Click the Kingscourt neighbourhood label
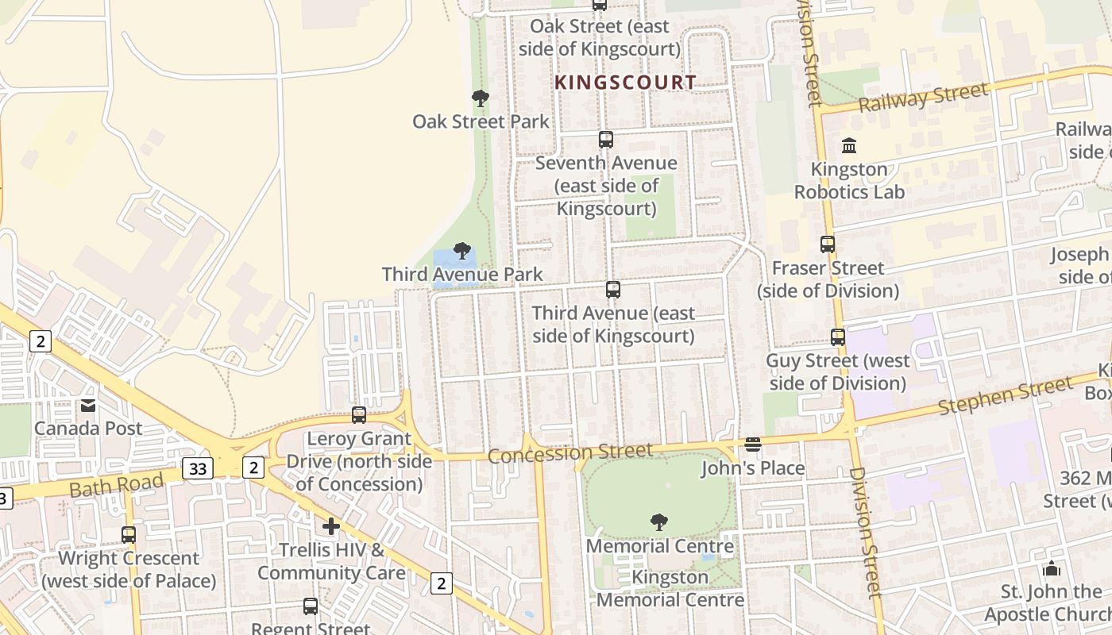pyautogui.click(x=625, y=82)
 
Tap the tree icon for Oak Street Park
pyautogui.click(x=480, y=98)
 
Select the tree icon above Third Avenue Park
pyautogui.click(x=461, y=252)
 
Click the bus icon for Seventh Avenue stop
pyautogui.click(x=606, y=140)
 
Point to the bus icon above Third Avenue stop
pyautogui.click(x=612, y=290)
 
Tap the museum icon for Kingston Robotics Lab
pyautogui.click(x=849, y=146)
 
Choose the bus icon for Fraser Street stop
pyautogui.click(x=828, y=244)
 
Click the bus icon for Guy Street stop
pyautogui.click(x=838, y=337)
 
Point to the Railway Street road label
pyautogui.click(x=924, y=98)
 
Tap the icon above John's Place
pyautogui.click(x=753, y=444)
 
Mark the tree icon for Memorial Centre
pyautogui.click(x=658, y=521)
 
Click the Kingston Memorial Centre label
pyautogui.click(x=670, y=588)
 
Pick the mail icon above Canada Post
pyautogui.click(x=87, y=406)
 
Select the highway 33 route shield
pyautogui.click(x=197, y=468)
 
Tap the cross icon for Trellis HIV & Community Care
pyautogui.click(x=331, y=526)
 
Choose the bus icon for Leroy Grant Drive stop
pyautogui.click(x=359, y=415)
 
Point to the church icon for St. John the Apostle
pyautogui.click(x=1052, y=568)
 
